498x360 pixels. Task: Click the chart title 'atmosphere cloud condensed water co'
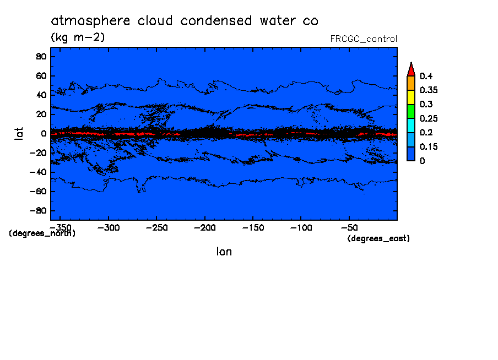pos(185,21)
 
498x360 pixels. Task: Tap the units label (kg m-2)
pos(78,37)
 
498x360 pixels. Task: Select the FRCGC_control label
pos(363,39)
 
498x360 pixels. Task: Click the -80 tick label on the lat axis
pos(38,211)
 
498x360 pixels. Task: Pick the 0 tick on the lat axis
pos(44,134)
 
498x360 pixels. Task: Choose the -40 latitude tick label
pos(38,172)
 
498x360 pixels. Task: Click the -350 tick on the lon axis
pos(57,227)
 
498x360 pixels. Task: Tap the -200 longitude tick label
pos(204,227)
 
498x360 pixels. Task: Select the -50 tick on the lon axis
pos(351,227)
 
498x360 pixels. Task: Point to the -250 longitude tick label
pos(156,227)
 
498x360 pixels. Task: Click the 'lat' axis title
pos(19,133)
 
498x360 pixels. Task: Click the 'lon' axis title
pos(224,252)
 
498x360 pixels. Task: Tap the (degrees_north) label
pos(42,233)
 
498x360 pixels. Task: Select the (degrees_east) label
pos(378,238)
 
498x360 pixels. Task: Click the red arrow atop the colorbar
pos(410,69)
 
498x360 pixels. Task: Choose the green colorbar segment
pos(410,111)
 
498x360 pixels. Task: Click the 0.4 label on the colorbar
pos(427,76)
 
